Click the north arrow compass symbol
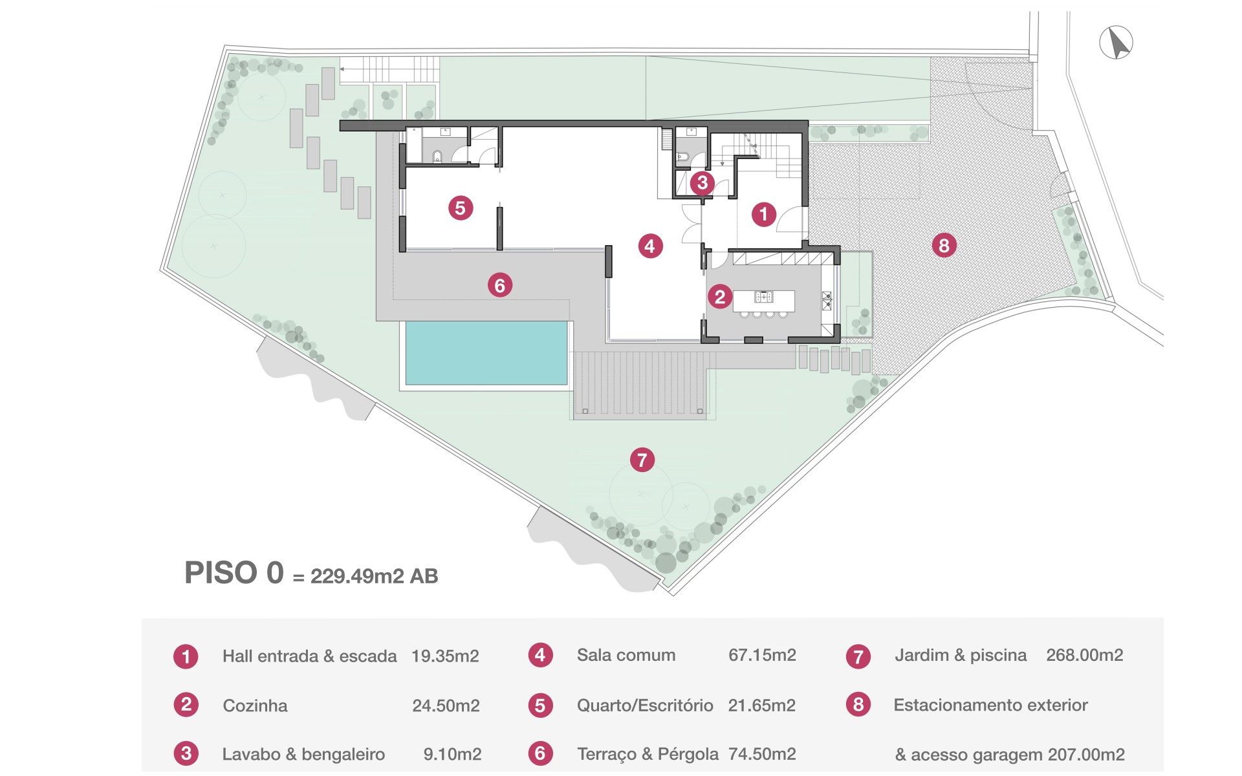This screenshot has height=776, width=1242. [x=1116, y=43]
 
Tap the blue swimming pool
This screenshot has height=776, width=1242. [x=486, y=353]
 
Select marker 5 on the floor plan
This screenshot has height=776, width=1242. [x=461, y=208]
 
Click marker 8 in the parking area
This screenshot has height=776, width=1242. [x=944, y=245]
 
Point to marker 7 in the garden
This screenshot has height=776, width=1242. [x=642, y=460]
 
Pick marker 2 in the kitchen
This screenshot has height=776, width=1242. [x=720, y=297]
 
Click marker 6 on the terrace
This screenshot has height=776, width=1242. [x=500, y=285]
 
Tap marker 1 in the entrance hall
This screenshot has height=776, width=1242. [x=763, y=213]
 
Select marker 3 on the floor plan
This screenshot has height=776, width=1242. [x=703, y=182]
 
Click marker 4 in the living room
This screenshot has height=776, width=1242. [x=650, y=246]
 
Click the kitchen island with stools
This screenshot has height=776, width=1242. [x=764, y=303]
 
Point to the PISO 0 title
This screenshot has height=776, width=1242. [x=234, y=573]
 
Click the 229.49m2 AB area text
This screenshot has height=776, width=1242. [x=375, y=576]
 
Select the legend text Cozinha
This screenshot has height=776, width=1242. [x=255, y=706]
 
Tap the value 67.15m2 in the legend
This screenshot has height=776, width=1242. [x=762, y=655]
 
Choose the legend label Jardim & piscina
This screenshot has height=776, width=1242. [x=961, y=655]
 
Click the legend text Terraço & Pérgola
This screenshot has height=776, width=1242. [x=648, y=755]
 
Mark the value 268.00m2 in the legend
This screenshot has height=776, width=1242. [x=1085, y=655]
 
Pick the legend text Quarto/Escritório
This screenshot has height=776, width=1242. [x=645, y=706]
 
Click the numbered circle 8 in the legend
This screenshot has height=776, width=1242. [x=858, y=705]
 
